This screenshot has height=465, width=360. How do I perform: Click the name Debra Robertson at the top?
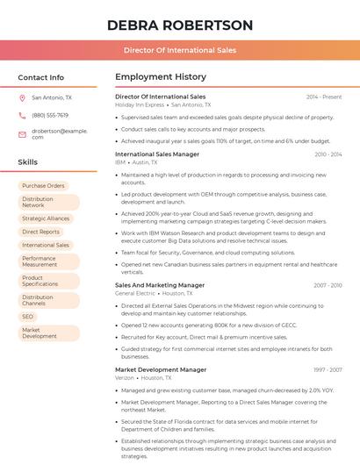pyautogui.click(x=179, y=25)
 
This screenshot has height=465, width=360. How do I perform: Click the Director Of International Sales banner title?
pyautogui.click(x=179, y=50)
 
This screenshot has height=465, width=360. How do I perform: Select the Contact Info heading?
pyautogui.click(x=40, y=77)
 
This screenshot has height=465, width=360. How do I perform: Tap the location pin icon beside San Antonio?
pyautogui.click(x=22, y=98)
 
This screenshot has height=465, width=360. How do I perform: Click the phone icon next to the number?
pyautogui.click(x=22, y=115)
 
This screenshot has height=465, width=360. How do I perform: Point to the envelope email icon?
pyautogui.click(x=22, y=133)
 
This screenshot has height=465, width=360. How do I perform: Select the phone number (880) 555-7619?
pyautogui.click(x=50, y=115)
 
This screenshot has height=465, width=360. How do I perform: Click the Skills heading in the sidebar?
pyautogui.click(x=28, y=162)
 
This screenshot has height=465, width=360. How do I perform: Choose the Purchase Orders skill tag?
pyautogui.click(x=43, y=186)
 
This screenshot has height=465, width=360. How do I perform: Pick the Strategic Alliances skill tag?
pyautogui.click(x=46, y=218)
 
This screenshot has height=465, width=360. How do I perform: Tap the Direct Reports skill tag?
pyautogui.click(x=40, y=232)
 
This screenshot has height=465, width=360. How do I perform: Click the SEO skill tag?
pyautogui.click(x=28, y=317)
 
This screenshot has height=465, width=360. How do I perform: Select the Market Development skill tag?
pyautogui.click(x=40, y=333)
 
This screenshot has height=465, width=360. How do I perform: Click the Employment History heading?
pyautogui.click(x=161, y=77)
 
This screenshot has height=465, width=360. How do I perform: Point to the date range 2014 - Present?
pyautogui.click(x=324, y=97)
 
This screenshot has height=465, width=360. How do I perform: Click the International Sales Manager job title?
pyautogui.click(x=157, y=154)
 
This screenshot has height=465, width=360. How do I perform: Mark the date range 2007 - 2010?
pyautogui.click(x=327, y=285)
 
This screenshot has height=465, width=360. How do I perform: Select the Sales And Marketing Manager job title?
pyautogui.click(x=160, y=285)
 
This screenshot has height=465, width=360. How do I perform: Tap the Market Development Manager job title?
pyautogui.click(x=161, y=370)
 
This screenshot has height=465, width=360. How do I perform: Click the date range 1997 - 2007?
pyautogui.click(x=327, y=370)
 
